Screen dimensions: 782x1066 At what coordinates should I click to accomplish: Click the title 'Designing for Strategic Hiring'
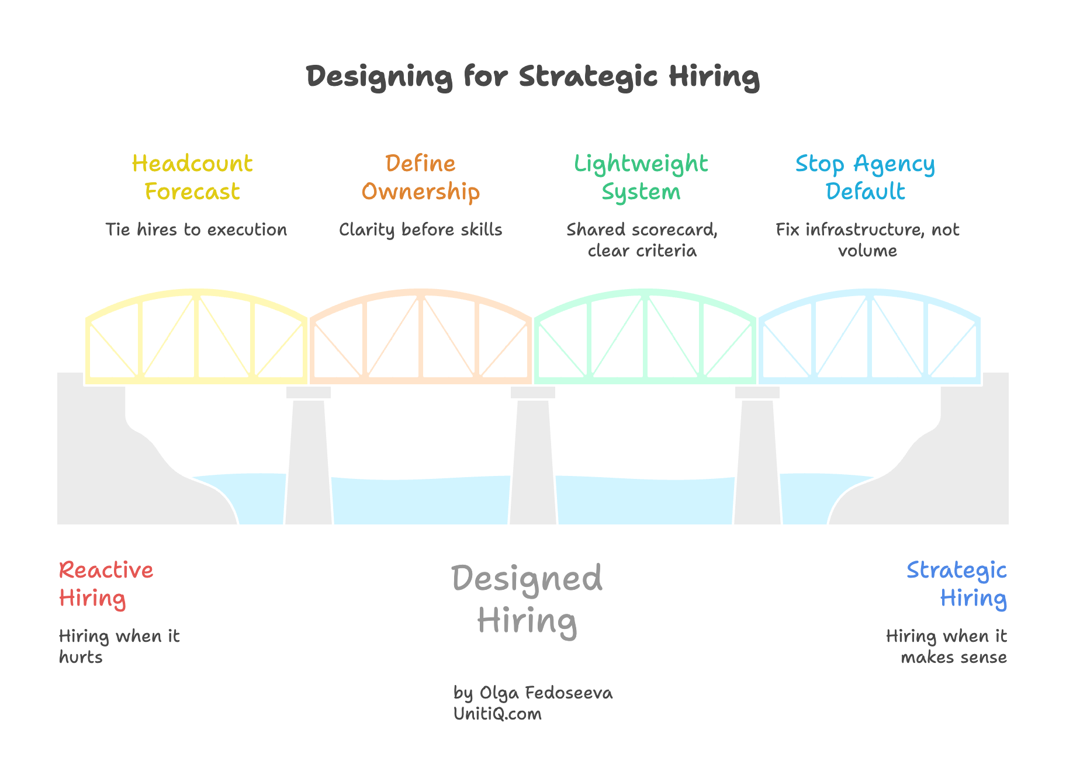pos(532,77)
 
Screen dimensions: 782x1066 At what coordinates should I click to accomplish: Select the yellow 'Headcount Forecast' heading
pos(192,178)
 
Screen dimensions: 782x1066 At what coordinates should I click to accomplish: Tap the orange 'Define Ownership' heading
pos(420,178)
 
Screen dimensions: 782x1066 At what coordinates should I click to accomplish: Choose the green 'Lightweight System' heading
pos(641,178)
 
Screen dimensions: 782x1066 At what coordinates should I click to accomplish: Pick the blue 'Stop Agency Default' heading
pos(865,178)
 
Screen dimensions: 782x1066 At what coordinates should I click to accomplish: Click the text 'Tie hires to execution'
pos(196,230)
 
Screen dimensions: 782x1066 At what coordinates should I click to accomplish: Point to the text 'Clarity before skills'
pos(420,230)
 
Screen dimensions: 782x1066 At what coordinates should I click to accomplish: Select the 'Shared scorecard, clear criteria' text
pos(642,240)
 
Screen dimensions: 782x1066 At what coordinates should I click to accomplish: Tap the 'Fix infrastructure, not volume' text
pos(867,240)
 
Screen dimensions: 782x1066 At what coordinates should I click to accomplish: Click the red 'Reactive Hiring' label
pos(106,584)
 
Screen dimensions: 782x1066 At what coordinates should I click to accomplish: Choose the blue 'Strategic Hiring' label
pos(957,584)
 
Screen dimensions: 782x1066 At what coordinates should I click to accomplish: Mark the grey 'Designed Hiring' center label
pos(527,599)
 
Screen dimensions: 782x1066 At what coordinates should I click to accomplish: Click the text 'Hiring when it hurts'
pos(119,646)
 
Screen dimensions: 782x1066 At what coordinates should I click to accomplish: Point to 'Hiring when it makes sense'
pos(946,646)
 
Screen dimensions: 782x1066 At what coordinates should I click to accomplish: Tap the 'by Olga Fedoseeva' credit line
pos(532,693)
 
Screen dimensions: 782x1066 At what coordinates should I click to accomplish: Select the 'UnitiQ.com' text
pos(497,714)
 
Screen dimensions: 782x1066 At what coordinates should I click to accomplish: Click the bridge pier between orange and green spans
pos(532,456)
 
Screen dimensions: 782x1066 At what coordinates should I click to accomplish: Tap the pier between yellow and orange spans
pos(308,456)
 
